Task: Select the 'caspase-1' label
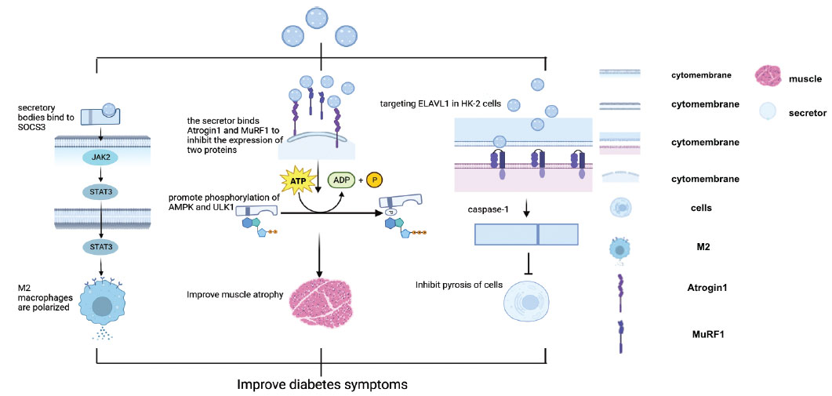point(479,209)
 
